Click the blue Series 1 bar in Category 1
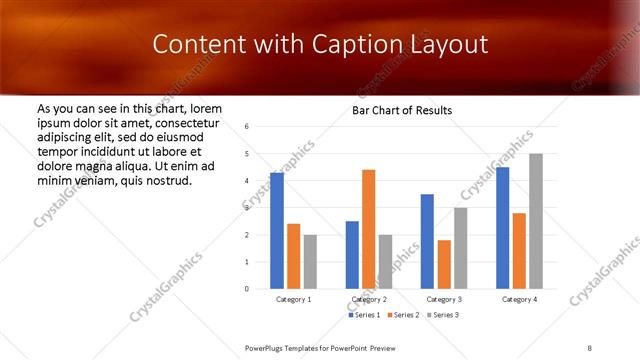(x=277, y=231)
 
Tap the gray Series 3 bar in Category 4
(x=536, y=221)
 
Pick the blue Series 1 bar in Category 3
(x=427, y=241)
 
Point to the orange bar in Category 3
(x=444, y=264)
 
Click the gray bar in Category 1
(x=310, y=262)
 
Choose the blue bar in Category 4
(x=502, y=228)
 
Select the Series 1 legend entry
(x=364, y=316)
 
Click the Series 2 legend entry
(x=401, y=316)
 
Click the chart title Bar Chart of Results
(x=402, y=110)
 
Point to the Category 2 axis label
(x=369, y=299)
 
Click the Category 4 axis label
(x=519, y=299)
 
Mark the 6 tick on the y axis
(x=246, y=127)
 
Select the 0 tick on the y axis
(x=246, y=289)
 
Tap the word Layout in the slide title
(x=450, y=45)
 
